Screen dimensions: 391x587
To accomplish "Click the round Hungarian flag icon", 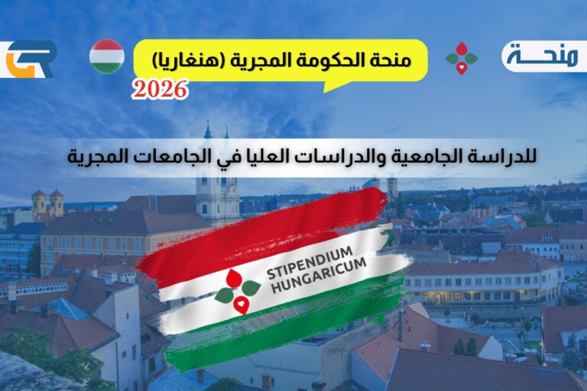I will [x=106, y=57].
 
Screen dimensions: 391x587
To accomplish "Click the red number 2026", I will [x=160, y=90].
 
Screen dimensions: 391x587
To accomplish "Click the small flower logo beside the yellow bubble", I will [x=461, y=58].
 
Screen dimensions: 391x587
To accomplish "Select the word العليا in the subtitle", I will [x=295, y=157].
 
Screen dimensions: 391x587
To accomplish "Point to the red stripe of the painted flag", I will [x=260, y=229].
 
